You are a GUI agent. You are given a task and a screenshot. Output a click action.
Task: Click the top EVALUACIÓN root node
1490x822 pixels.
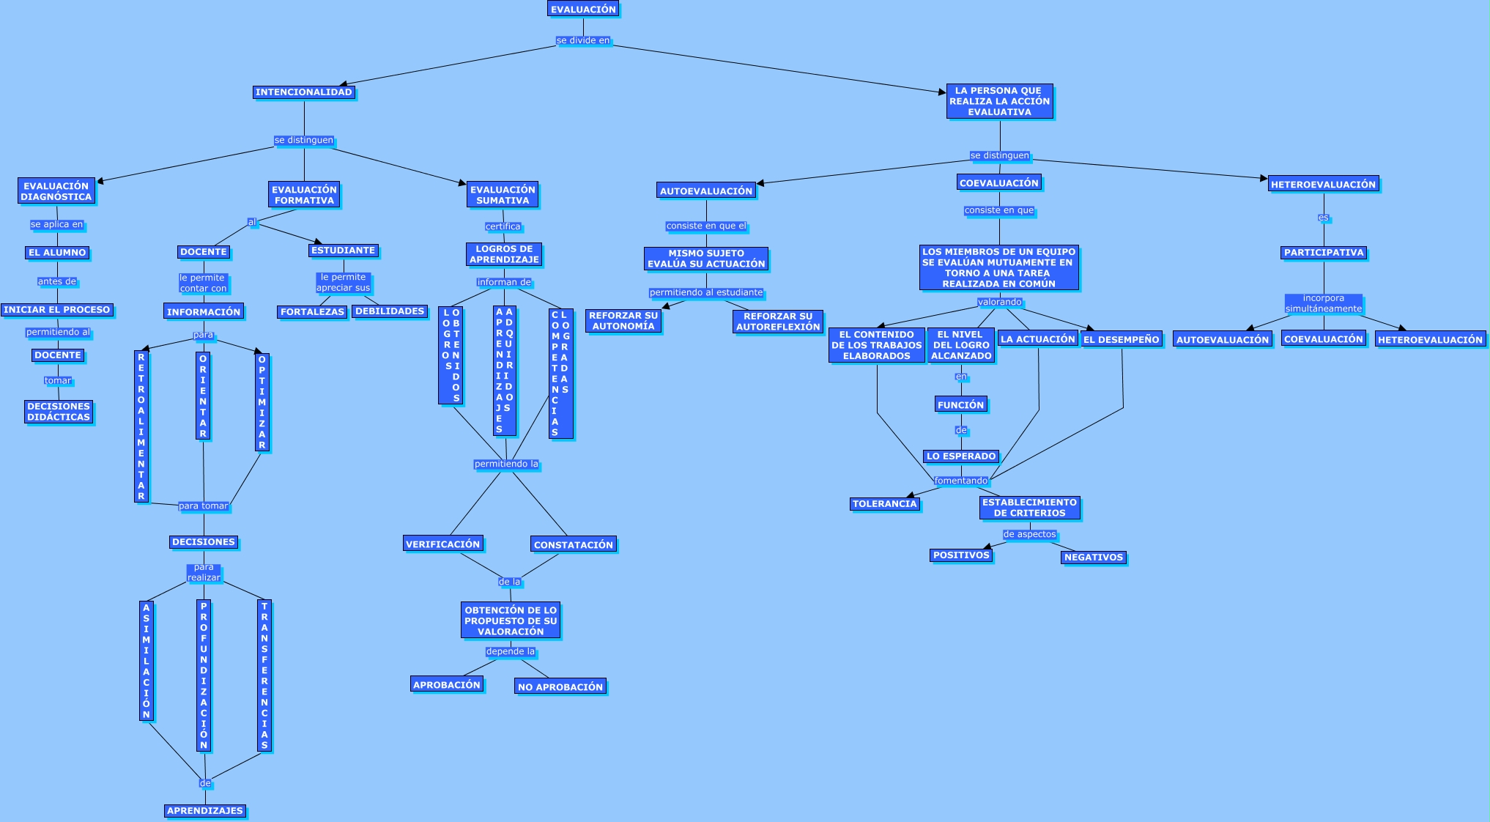pyautogui.click(x=583, y=10)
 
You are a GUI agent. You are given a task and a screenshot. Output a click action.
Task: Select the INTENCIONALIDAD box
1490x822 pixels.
pyautogui.click(x=304, y=92)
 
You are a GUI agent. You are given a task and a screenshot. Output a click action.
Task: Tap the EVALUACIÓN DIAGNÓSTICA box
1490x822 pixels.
pyautogui.click(x=56, y=191)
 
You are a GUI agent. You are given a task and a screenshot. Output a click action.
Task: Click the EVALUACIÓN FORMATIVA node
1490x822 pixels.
pyautogui.click(x=304, y=195)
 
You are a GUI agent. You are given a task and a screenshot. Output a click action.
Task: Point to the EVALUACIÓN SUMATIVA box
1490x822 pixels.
pyautogui.click(x=503, y=195)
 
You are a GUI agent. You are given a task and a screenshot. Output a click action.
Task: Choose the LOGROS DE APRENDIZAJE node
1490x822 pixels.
pyautogui.click(x=504, y=254)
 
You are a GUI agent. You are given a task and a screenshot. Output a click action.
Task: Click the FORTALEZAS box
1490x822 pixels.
pyautogui.click(x=312, y=312)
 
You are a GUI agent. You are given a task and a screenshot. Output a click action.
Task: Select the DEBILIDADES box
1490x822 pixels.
pyautogui.click(x=390, y=311)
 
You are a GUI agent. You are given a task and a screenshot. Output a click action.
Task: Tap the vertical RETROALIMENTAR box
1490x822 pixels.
pyautogui.click(x=141, y=426)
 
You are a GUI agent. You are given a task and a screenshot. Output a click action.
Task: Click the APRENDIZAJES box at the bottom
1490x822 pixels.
pyautogui.click(x=205, y=811)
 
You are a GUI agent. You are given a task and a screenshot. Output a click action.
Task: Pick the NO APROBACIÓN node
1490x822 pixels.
pyautogui.click(x=560, y=687)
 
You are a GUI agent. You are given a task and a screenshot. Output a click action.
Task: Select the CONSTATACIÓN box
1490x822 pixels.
pyautogui.click(x=574, y=545)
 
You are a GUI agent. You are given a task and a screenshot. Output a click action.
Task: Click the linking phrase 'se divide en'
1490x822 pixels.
pyautogui.click(x=583, y=41)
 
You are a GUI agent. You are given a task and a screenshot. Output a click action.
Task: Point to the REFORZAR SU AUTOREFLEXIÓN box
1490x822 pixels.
pyautogui.click(x=778, y=322)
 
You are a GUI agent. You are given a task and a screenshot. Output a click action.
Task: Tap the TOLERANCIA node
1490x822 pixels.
pyautogui.click(x=885, y=504)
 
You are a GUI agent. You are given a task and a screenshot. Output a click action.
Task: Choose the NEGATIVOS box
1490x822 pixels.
pyautogui.click(x=1094, y=558)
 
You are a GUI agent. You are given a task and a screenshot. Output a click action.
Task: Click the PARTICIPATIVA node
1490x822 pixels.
pyautogui.click(x=1324, y=253)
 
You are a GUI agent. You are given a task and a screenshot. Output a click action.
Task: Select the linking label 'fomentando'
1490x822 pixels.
pyautogui.click(x=961, y=481)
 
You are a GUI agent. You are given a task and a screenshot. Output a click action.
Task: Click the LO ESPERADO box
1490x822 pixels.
pyautogui.click(x=961, y=456)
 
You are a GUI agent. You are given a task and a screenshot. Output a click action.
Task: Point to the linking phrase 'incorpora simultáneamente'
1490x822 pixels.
pyautogui.click(x=1324, y=303)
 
